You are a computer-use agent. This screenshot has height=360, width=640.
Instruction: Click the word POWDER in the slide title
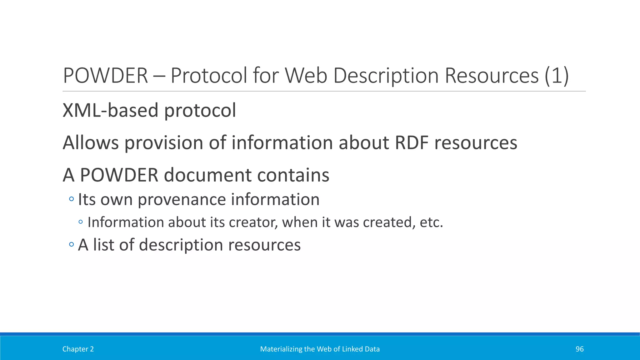(105, 76)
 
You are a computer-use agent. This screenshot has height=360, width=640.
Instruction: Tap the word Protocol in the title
(209, 76)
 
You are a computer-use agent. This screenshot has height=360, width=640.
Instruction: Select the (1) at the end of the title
(556, 76)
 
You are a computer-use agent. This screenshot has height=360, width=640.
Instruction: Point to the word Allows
(91, 143)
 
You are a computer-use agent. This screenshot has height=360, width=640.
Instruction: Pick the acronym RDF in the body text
(412, 143)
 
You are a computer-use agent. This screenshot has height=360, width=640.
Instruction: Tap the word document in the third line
(207, 175)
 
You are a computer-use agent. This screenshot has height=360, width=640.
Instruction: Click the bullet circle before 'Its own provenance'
(72, 199)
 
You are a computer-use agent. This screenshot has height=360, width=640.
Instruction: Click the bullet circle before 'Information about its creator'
(81, 222)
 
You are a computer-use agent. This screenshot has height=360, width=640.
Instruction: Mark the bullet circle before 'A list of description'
(72, 244)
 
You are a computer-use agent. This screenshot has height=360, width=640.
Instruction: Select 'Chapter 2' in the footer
(78, 349)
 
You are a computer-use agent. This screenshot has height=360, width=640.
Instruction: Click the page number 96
(579, 349)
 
